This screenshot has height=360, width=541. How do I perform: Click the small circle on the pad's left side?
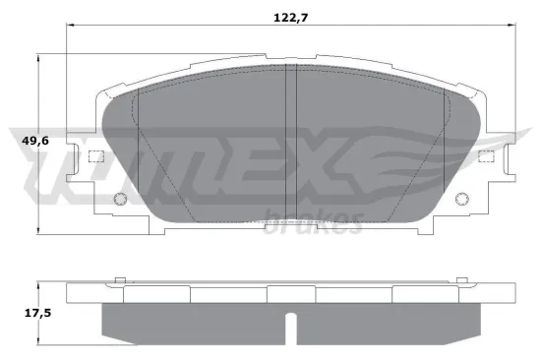(121, 201)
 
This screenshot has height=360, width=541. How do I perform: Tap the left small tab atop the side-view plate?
(119, 282)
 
